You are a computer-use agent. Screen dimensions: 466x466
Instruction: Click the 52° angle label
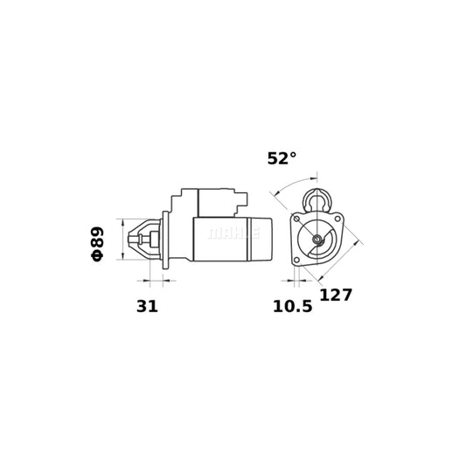[x=282, y=158]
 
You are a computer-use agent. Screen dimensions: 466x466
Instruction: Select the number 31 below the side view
[x=148, y=308]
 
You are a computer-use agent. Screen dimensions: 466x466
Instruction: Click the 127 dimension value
[x=336, y=295]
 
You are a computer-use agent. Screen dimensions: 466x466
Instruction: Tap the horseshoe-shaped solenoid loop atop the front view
[x=316, y=198]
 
